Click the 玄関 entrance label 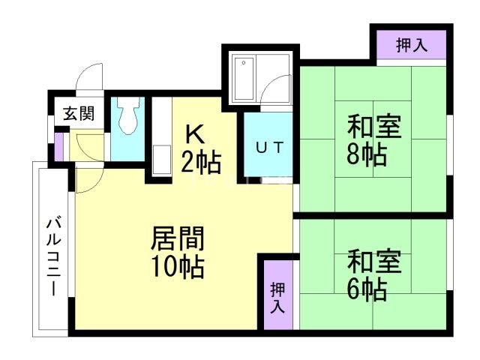coord(78,114)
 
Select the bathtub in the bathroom coord(245,78)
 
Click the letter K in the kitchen coord(193,135)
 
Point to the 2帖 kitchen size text coord(200,160)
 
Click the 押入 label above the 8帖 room coord(412,44)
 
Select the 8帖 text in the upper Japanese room coord(366,156)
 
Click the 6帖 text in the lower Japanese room coord(366,289)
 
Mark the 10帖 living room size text coord(178,266)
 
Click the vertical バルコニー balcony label coord(52,255)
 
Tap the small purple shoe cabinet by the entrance coord(59,147)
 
